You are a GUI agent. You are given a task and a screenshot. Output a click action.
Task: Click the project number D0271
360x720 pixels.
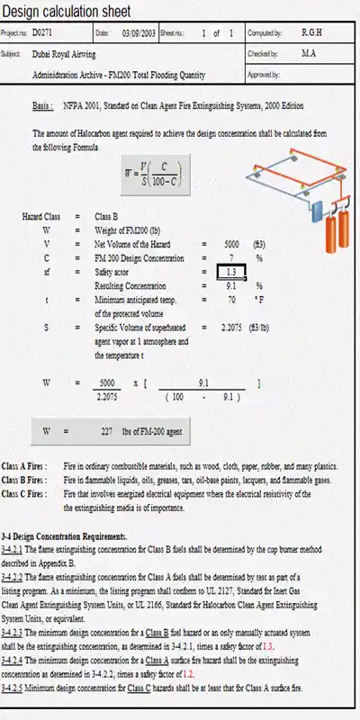(x=42, y=32)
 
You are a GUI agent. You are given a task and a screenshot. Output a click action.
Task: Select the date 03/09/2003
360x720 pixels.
(x=135, y=32)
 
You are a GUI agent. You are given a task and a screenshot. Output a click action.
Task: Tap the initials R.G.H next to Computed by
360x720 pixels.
(x=312, y=32)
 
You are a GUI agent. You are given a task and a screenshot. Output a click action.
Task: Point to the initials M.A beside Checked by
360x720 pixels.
(x=308, y=53)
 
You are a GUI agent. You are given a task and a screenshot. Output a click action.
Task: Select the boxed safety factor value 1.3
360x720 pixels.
(x=231, y=271)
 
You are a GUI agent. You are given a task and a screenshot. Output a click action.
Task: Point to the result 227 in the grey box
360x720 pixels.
(x=106, y=432)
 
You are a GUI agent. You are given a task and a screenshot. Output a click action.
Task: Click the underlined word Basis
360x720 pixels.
(x=42, y=106)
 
